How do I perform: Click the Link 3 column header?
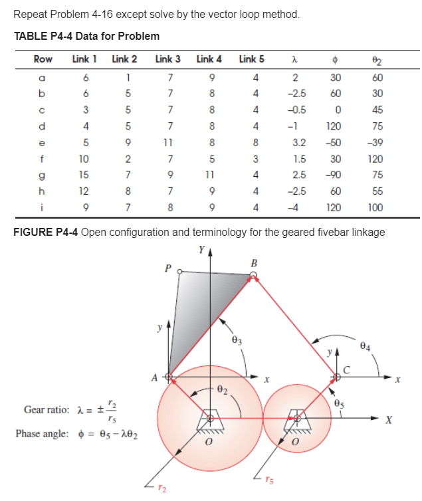pyautogui.click(x=167, y=59)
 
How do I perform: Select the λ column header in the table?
pyautogui.click(x=293, y=59)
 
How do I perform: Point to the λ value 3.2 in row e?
pyautogui.click(x=298, y=141)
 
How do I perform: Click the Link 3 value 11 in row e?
pyautogui.click(x=169, y=141)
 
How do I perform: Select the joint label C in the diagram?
pyautogui.click(x=346, y=369)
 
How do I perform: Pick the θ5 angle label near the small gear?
pyautogui.click(x=340, y=400)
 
